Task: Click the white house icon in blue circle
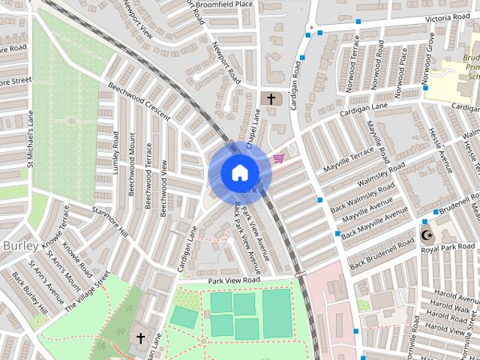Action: point(238,172)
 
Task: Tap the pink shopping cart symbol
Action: point(279,157)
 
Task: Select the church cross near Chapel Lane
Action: point(271,98)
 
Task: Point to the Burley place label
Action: point(16,246)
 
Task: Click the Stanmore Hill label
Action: point(109,223)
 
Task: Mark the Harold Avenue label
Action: point(455,294)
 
